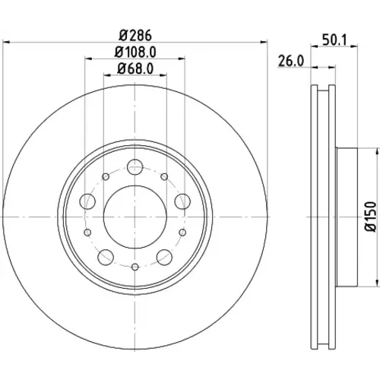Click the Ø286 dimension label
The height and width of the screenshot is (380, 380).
(x=135, y=36)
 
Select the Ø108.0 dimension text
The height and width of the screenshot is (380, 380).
(x=135, y=52)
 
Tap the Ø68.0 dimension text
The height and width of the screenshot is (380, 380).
(x=135, y=68)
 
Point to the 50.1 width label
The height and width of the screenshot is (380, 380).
(x=334, y=40)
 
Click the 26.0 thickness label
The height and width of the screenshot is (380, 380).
(x=291, y=61)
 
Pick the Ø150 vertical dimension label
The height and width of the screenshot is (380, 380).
(x=371, y=217)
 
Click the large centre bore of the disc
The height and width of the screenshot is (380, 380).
(x=135, y=217)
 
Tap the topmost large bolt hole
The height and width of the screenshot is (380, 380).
(x=135, y=167)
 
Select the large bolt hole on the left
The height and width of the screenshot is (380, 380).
(x=87, y=201)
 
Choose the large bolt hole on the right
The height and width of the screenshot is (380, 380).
(x=182, y=201)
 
